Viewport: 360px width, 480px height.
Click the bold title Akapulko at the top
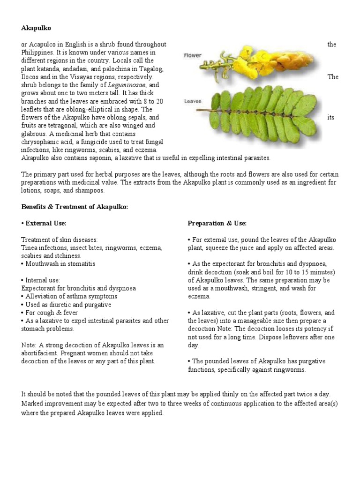[36, 28]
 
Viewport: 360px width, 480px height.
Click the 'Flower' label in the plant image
[192, 55]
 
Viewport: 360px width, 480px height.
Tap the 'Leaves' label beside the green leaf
[193, 101]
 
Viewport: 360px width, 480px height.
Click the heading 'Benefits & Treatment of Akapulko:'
[75, 207]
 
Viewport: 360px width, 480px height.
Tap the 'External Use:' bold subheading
[45, 223]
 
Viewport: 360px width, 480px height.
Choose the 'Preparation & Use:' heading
[217, 223]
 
